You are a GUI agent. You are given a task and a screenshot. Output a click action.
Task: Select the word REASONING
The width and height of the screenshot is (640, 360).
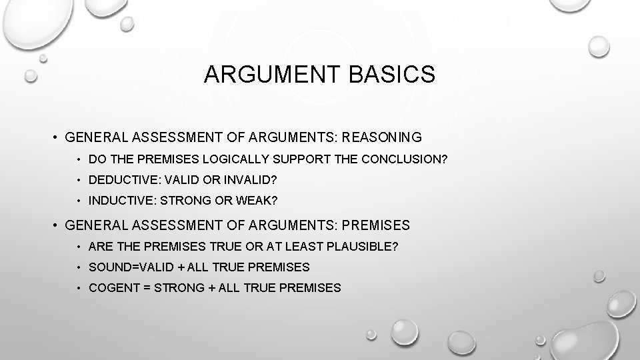383,138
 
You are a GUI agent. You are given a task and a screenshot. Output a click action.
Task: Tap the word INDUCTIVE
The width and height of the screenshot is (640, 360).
114,200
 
